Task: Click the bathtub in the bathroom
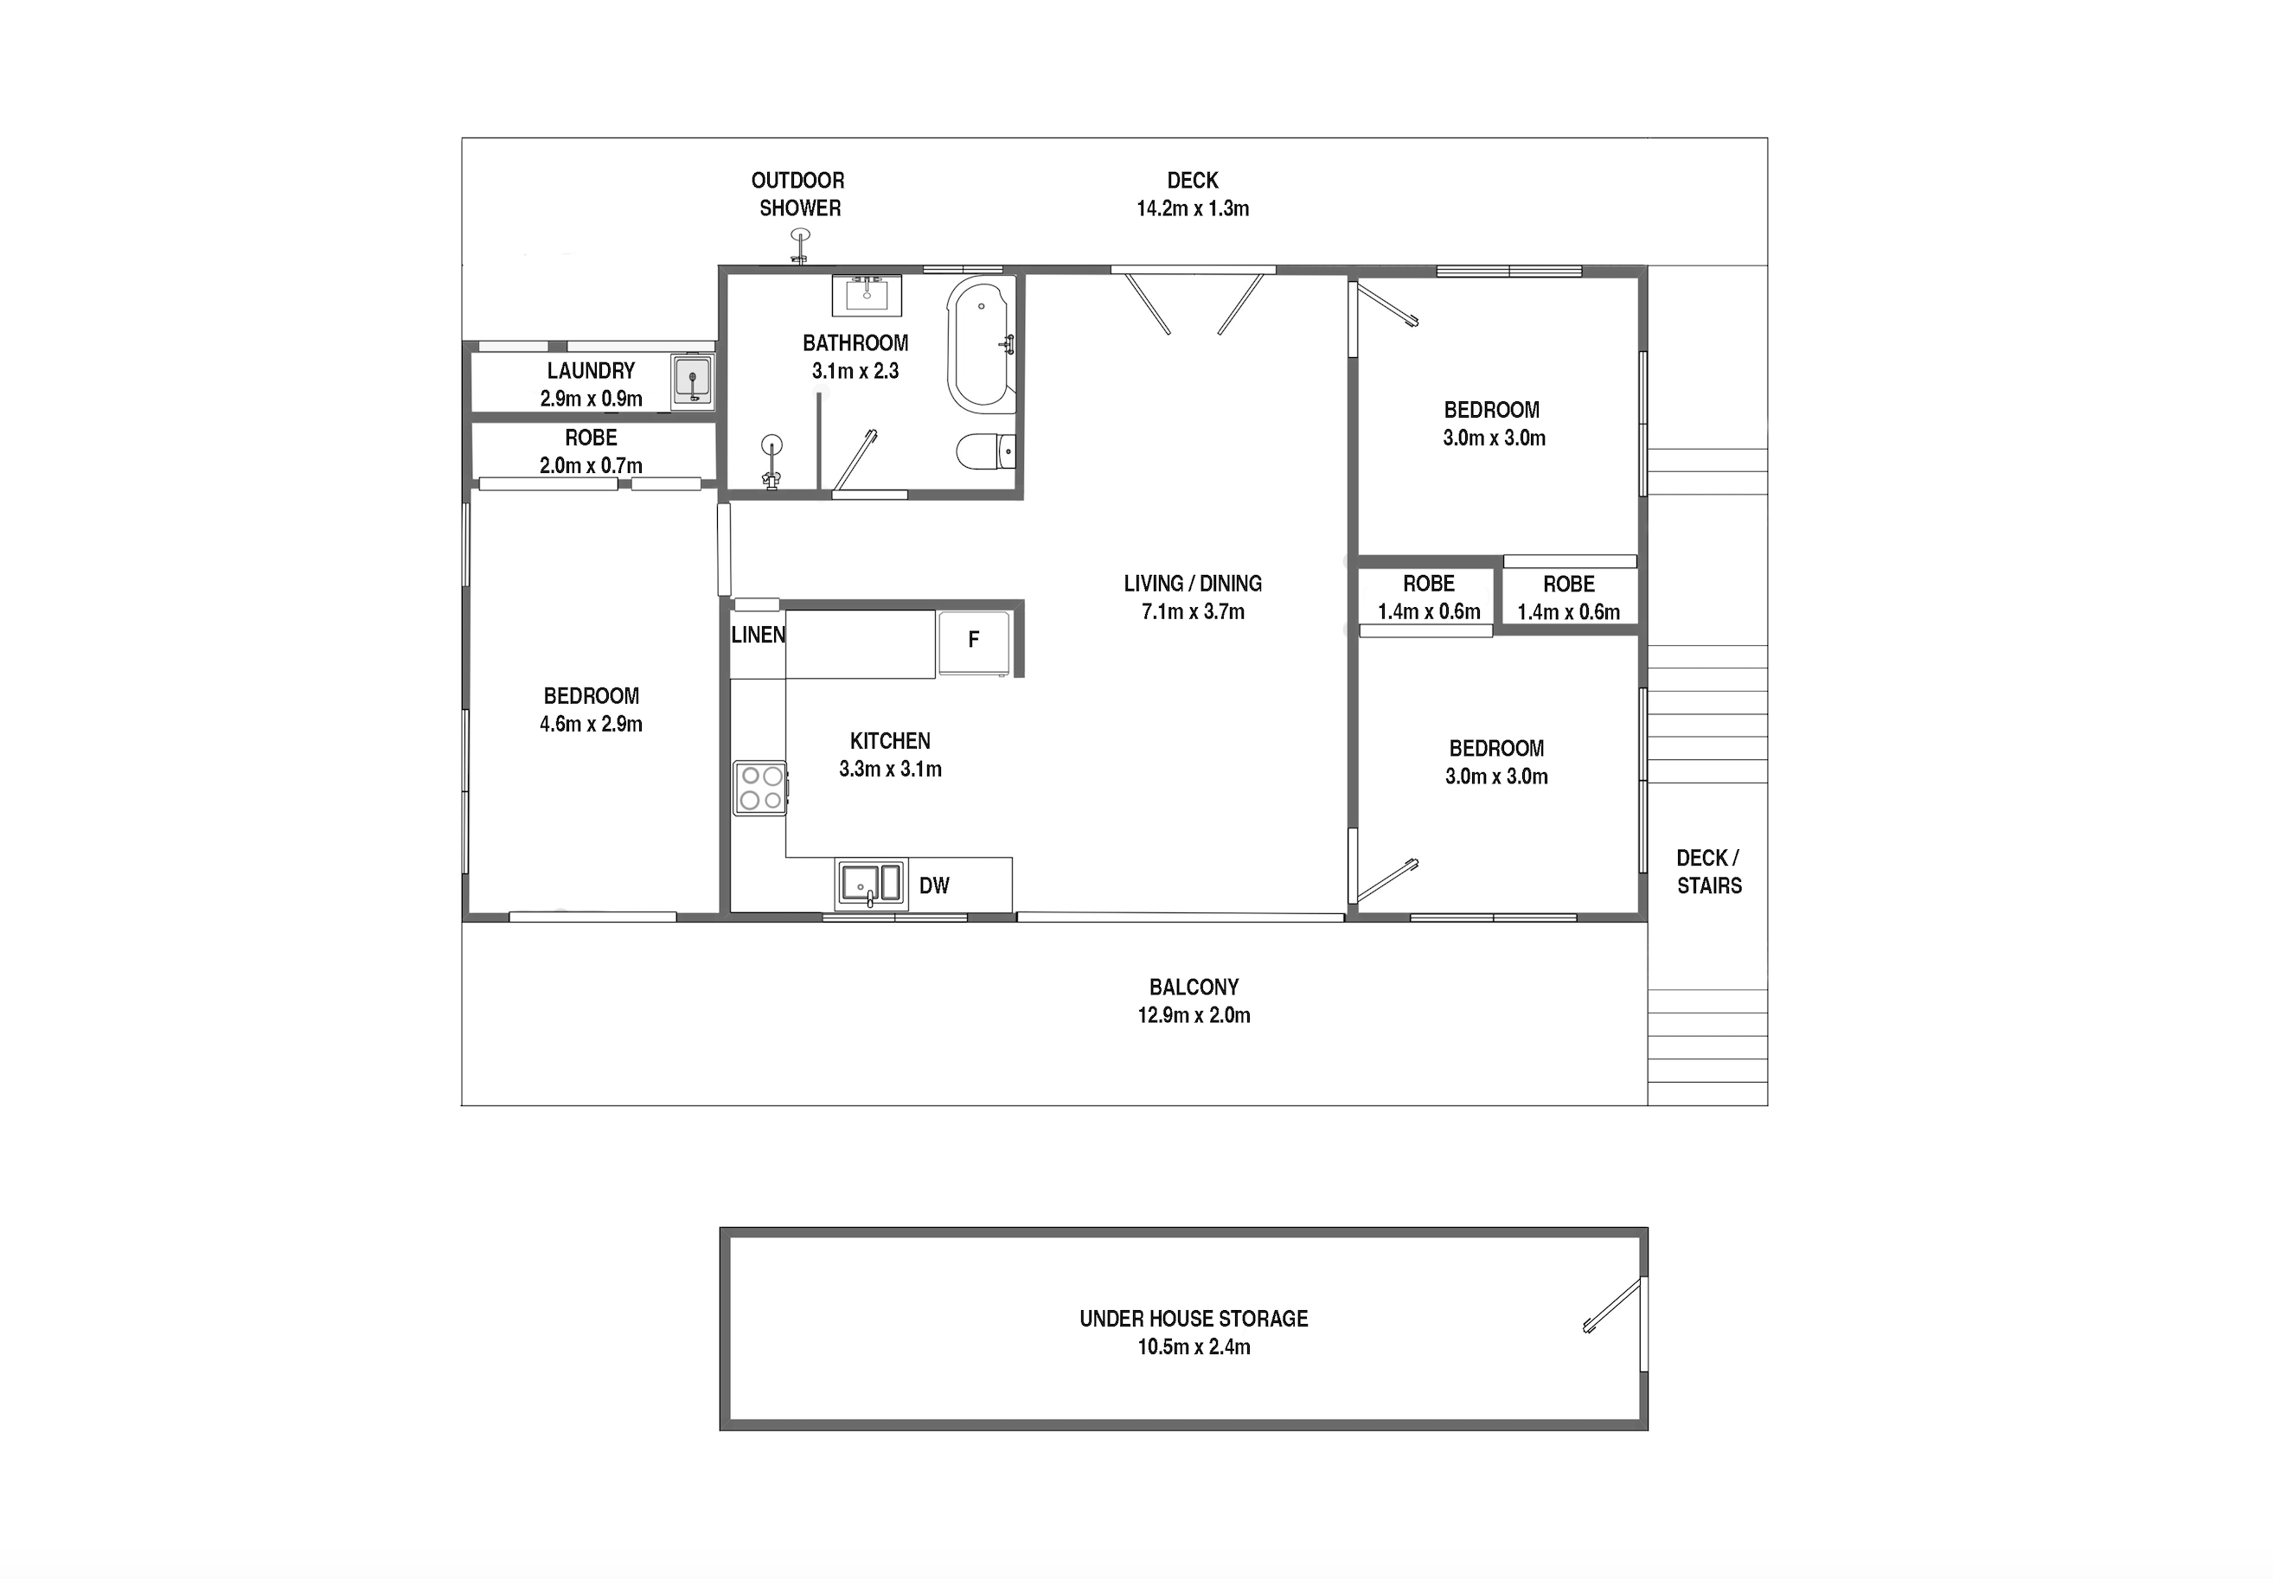pos(981,343)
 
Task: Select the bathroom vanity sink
pos(867,295)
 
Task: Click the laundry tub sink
pos(692,380)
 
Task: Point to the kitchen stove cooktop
pos(760,788)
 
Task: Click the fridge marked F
pos(974,642)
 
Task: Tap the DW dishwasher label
pos(934,885)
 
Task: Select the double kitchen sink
pos(871,884)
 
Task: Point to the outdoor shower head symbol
pos(799,246)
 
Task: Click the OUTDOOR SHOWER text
pos(797,194)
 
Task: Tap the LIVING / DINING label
pos(1193,584)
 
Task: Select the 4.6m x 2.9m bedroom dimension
pos(591,724)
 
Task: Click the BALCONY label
pos(1194,987)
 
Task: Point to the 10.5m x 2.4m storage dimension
pos(1194,1346)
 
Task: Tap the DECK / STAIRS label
pos(1709,872)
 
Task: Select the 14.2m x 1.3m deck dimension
pos(1193,208)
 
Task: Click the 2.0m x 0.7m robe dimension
pos(591,465)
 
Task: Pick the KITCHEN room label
pos(890,741)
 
